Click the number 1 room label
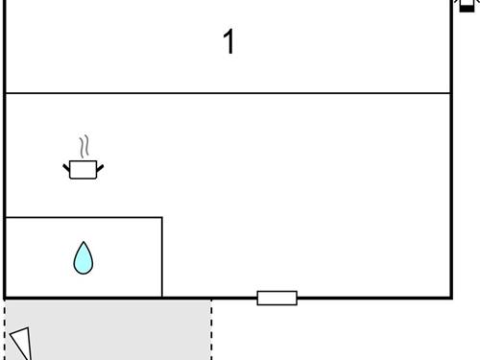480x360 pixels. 228,42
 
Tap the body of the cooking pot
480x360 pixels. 84,170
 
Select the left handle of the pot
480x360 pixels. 67,169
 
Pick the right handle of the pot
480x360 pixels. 100,169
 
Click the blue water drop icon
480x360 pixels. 84,258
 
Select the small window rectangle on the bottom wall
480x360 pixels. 276,298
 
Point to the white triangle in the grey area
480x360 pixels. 20,344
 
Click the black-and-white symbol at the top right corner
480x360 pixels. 467,6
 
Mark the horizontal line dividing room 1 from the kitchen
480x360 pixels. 228,93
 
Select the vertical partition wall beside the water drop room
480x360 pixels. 162,257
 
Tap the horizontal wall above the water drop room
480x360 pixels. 84,218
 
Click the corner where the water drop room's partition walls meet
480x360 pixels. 162,218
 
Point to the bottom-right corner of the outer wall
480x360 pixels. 451,298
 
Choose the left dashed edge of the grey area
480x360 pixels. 5,322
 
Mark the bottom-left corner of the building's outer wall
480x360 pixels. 5,298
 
